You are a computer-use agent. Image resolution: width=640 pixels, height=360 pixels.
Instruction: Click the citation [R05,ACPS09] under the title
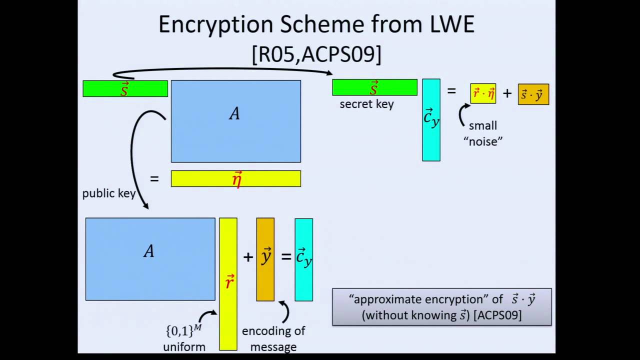point(316,54)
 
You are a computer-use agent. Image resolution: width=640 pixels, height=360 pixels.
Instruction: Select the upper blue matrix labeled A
point(235,121)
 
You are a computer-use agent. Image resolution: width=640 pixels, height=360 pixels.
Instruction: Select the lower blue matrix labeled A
point(150,259)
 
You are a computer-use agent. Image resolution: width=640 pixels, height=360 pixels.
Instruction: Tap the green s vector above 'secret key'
point(374,87)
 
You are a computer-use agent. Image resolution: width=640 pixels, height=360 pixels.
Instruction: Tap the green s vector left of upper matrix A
point(125,88)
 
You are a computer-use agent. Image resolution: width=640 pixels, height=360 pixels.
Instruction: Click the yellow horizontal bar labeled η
point(235,179)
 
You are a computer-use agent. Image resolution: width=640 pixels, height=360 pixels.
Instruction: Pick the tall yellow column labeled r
point(228,284)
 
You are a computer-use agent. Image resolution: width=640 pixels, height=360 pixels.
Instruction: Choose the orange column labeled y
point(265,259)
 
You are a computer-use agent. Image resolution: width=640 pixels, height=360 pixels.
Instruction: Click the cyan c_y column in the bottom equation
point(303,259)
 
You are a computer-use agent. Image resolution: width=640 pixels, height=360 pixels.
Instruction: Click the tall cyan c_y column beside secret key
point(431,120)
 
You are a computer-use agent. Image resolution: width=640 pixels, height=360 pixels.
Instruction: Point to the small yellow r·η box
point(483,94)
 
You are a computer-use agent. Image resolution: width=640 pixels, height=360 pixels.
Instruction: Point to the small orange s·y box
point(533,94)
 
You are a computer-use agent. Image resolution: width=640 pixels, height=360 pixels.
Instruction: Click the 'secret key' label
point(366,104)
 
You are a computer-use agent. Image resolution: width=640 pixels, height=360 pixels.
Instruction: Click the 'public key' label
point(108,194)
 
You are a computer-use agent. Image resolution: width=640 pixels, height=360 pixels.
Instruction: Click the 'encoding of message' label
point(273,338)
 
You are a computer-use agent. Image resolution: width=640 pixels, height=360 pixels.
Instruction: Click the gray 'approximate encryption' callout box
point(441,307)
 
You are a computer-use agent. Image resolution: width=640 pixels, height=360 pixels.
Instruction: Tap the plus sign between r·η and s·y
point(507,93)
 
